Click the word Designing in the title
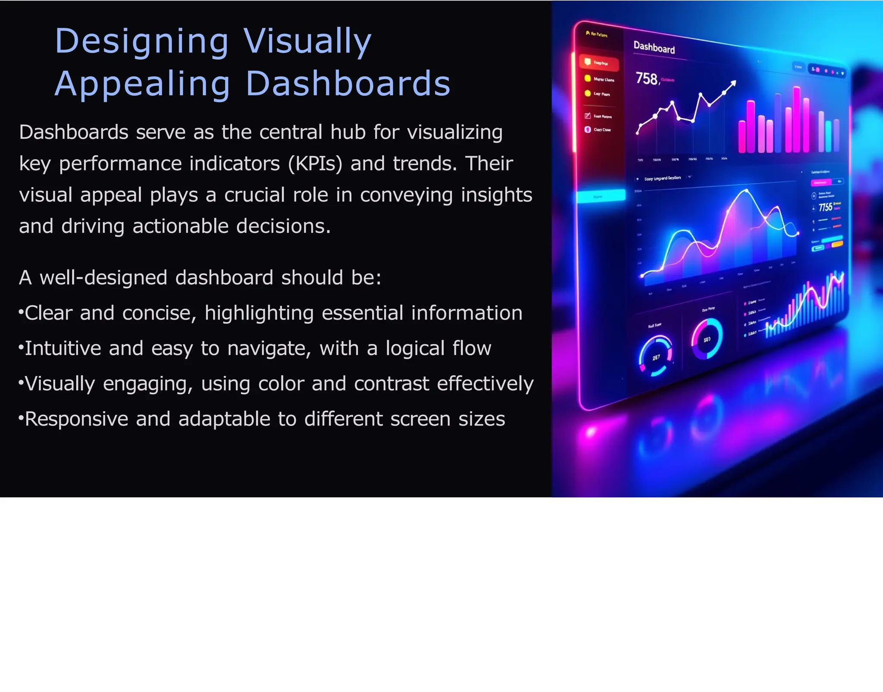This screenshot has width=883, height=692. click(141, 42)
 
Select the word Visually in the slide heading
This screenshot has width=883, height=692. click(307, 42)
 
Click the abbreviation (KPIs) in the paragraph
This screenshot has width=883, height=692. click(315, 164)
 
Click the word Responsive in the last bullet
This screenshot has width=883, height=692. click(76, 419)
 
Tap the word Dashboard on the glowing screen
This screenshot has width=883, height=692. click(654, 47)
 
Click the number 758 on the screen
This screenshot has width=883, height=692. click(646, 78)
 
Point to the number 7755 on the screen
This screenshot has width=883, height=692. click(825, 207)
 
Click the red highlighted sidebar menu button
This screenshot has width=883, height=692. click(599, 63)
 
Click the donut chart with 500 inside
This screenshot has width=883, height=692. click(707, 339)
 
